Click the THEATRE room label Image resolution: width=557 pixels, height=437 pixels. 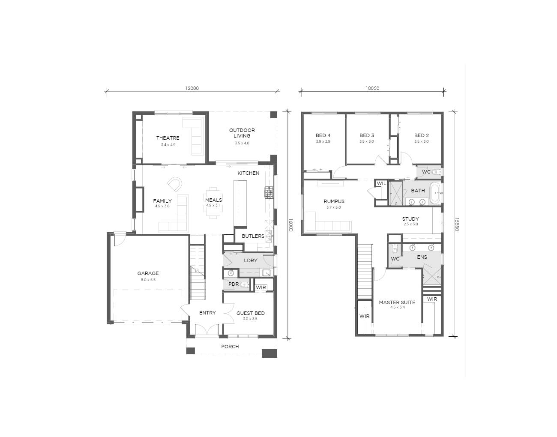tap(168, 138)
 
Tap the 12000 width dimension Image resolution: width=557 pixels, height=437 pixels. tap(192, 88)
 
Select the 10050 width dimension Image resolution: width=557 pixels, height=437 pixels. tap(372, 88)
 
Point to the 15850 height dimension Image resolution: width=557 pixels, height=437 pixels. tap(456, 224)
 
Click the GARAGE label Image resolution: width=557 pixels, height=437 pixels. tap(148, 273)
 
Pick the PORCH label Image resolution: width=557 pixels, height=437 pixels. tap(230, 347)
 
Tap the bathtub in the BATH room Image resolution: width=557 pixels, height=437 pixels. tap(435, 193)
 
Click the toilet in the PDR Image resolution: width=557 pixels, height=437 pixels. tap(246, 284)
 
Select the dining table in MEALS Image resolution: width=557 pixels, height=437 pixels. tap(213, 203)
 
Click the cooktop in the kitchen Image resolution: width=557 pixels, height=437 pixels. tap(269, 192)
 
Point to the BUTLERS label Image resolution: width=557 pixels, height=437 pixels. tap(253, 236)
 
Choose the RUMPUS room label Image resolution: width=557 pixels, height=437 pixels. tap(334, 201)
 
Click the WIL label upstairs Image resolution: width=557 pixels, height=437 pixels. tap(381, 183)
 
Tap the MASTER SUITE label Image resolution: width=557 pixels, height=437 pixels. tap(397, 302)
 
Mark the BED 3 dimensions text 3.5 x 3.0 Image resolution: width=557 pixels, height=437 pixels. tap(367, 141)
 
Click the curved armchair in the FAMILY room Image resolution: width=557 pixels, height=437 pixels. tap(175, 184)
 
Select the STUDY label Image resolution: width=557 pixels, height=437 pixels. tap(410, 219)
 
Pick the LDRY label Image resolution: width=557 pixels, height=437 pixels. tap(250, 260)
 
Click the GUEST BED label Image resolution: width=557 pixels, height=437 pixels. tap(250, 313)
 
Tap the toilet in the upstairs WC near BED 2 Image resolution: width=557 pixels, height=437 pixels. tap(436, 172)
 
